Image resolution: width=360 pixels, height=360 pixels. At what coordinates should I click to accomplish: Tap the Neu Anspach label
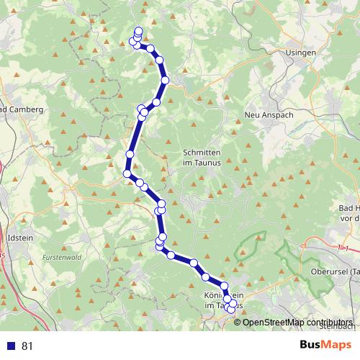click(x=267, y=115)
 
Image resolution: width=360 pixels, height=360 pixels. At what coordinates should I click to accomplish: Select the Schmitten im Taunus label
click(x=205, y=158)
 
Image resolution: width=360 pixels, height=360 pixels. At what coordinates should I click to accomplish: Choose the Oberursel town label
click(x=336, y=271)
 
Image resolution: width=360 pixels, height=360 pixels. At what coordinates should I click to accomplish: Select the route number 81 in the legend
click(x=27, y=346)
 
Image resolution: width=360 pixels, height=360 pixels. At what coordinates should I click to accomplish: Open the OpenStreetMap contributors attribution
click(x=297, y=323)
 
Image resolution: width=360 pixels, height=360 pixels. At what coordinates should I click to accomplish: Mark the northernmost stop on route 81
click(x=138, y=31)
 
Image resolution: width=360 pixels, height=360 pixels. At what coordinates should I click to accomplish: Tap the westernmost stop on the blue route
click(x=127, y=174)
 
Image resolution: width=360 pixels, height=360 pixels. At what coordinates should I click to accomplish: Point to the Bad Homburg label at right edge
click(x=349, y=212)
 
